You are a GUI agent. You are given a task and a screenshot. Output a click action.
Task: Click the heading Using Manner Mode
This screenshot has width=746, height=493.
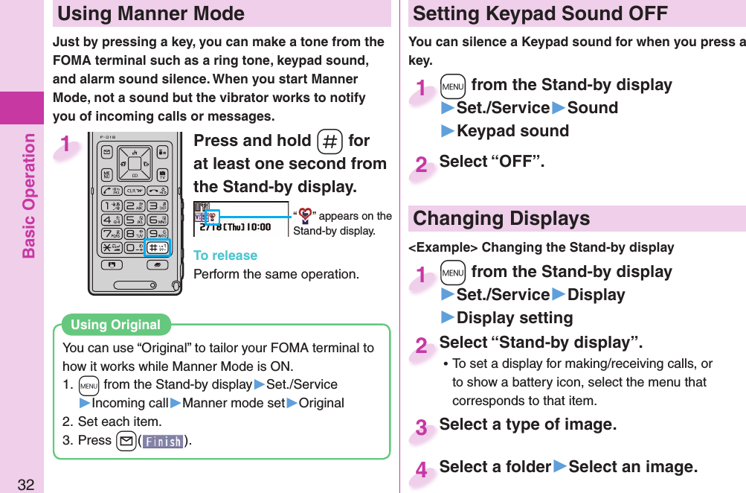click(x=151, y=13)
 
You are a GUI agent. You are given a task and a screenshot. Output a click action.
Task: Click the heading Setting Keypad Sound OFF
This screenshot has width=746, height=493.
click(x=540, y=13)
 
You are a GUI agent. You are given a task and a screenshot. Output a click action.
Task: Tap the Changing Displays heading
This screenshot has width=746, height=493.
click(x=501, y=218)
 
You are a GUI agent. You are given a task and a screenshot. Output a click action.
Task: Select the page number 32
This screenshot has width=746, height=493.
click(x=26, y=485)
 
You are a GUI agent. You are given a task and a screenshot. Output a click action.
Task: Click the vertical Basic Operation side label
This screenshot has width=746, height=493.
click(x=29, y=195)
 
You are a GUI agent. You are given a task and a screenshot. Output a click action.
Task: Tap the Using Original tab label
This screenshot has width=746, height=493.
click(x=115, y=325)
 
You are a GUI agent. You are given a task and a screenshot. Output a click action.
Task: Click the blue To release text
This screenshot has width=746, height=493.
click(x=225, y=255)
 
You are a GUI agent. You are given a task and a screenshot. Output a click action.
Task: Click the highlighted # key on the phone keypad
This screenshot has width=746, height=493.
click(x=158, y=247)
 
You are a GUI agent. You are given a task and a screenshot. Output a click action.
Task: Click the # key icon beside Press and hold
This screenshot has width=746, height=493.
click(x=329, y=141)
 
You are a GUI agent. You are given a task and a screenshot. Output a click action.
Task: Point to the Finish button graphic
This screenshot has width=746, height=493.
click(x=162, y=441)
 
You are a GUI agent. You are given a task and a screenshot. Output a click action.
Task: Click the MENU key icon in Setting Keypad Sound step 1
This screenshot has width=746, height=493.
click(x=451, y=86)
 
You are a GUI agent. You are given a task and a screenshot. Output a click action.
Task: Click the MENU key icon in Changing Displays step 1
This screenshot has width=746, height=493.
click(x=451, y=273)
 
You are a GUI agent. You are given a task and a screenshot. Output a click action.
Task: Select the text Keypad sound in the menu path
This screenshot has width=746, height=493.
click(x=512, y=130)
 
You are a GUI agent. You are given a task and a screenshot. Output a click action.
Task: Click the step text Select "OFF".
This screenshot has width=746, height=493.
click(x=492, y=162)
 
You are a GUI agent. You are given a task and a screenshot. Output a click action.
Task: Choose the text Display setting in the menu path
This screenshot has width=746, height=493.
click(x=514, y=317)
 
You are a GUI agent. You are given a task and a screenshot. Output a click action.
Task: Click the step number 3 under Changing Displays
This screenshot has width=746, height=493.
click(x=421, y=427)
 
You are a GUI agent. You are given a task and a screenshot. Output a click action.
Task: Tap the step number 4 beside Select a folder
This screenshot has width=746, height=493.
click(x=421, y=470)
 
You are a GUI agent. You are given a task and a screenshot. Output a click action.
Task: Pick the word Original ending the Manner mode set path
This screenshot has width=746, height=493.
click(x=321, y=403)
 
